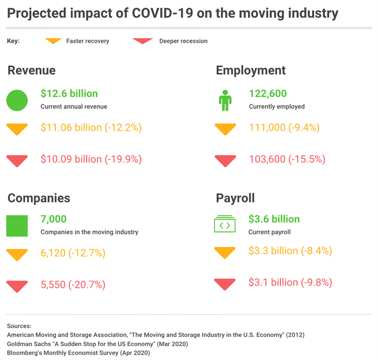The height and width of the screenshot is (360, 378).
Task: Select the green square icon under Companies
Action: tap(17, 226)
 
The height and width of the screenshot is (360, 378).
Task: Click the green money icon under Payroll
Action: tap(225, 224)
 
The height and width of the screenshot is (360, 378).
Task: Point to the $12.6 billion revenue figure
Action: tap(69, 93)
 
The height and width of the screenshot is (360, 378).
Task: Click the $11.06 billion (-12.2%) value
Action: tap(91, 128)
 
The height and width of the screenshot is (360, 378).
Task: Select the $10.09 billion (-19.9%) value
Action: tap(91, 159)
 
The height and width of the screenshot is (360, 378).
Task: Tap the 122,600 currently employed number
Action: tap(268, 93)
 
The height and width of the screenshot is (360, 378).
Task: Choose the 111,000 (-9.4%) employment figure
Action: tap(284, 128)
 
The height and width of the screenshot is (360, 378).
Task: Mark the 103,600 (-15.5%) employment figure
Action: tap(286, 159)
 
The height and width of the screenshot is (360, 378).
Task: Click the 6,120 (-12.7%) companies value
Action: tap(73, 253)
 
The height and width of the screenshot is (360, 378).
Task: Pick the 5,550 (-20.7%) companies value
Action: tap(73, 284)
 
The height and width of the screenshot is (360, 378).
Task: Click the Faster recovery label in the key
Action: tap(87, 41)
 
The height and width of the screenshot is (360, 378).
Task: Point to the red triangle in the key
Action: tap(143, 41)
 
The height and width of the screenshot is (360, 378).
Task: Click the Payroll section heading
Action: tap(235, 198)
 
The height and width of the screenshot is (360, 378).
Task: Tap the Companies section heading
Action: tap(39, 198)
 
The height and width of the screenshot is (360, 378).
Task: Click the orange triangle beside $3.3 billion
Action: tap(225, 252)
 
